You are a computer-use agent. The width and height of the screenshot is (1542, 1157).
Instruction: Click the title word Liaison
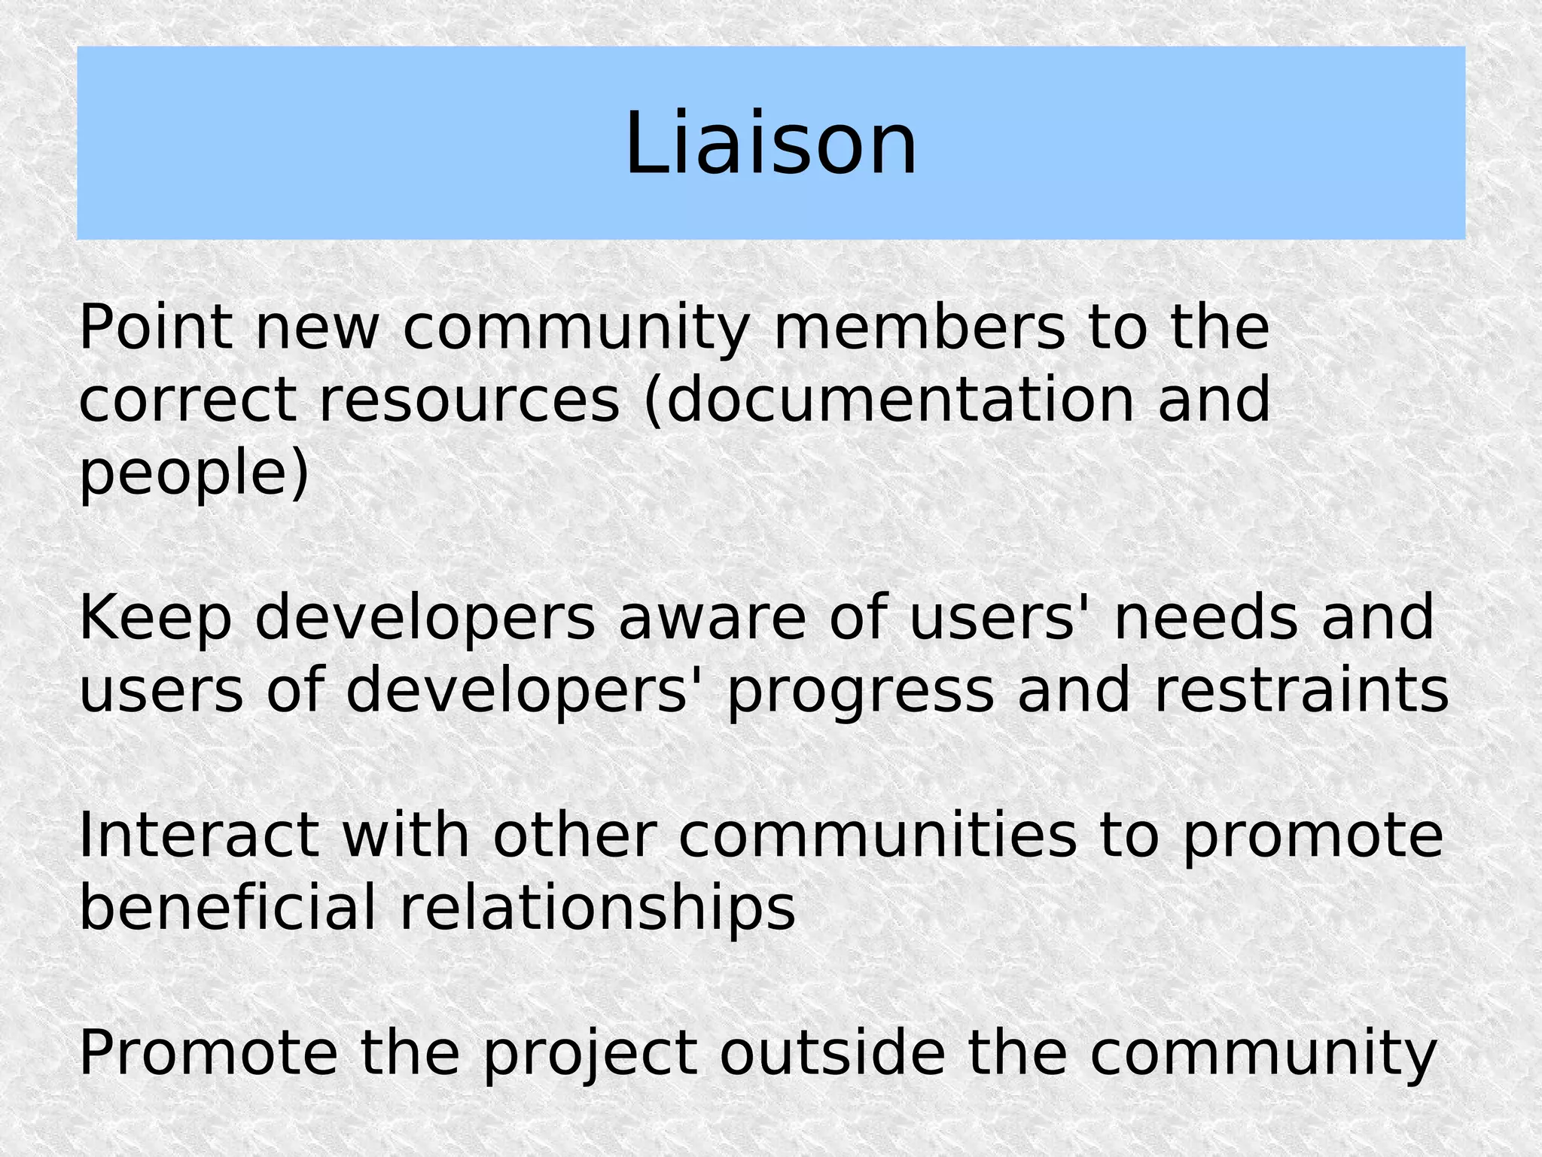coord(771,143)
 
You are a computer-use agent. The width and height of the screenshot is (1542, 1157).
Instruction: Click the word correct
coord(187,400)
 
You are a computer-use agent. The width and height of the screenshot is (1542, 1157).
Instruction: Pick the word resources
coord(469,400)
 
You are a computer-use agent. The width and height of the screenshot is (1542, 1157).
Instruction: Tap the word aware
coord(712,618)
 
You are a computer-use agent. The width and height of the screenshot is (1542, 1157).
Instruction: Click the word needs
coord(1205,618)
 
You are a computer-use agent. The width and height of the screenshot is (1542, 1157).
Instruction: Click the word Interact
coord(198,836)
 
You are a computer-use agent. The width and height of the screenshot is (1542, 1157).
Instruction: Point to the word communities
coord(878,836)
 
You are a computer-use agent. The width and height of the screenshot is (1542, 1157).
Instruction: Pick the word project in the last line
coord(590,1055)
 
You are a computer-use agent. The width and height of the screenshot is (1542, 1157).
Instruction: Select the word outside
coord(832,1053)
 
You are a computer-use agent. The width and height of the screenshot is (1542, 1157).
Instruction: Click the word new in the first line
coord(317,329)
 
